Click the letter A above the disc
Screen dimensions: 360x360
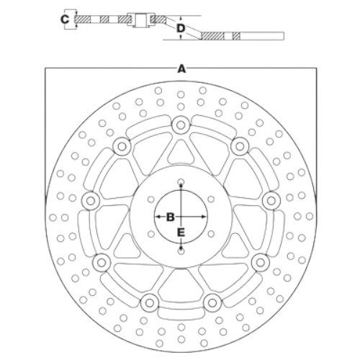click(181, 69)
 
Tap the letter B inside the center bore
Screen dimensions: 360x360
click(170, 217)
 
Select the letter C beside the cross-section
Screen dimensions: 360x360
click(65, 19)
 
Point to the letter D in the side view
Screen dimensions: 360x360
click(181, 29)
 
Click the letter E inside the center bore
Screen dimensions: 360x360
click(181, 233)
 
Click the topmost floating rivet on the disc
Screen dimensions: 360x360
click(181, 125)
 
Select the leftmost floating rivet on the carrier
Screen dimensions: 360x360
click(91, 201)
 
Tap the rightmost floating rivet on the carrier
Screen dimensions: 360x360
click(271, 200)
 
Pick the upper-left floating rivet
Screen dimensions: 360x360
click(122, 146)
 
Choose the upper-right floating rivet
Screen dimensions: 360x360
click(240, 146)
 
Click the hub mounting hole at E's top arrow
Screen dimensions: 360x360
click(181, 181)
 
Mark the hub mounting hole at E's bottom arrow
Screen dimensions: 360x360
click(181, 251)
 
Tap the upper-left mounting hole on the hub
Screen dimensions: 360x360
click(151, 199)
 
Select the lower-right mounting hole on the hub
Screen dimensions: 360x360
click(211, 234)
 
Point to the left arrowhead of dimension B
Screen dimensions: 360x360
click(158, 217)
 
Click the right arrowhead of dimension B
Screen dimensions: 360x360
click(204, 217)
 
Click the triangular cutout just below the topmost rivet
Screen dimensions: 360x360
click(181, 153)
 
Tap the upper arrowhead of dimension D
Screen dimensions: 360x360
click(181, 19)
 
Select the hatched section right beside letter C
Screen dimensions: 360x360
click(83, 19)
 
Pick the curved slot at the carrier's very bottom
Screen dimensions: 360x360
click(181, 315)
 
